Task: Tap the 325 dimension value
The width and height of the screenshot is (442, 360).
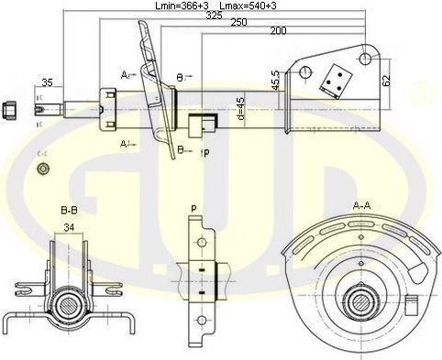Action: pos(213,16)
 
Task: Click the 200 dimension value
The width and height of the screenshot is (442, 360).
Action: pos(278,31)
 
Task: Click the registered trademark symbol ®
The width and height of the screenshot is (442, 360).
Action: pos(423,91)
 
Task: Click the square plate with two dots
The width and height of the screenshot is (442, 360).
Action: pos(333,79)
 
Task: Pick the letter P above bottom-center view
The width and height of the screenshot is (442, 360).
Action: pos(193,209)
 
